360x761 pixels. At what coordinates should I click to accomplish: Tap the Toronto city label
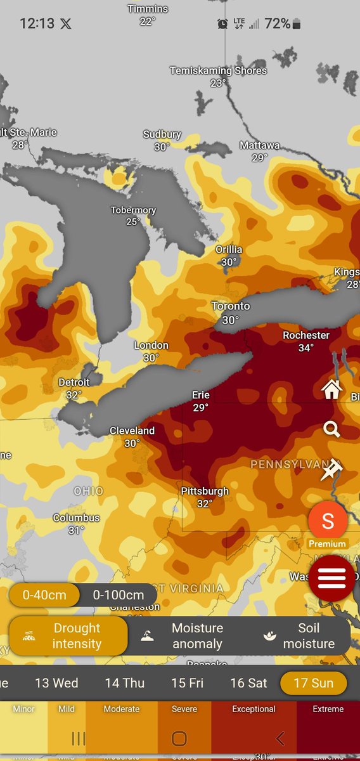[231, 306]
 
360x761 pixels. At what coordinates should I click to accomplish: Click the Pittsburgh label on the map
[205, 491]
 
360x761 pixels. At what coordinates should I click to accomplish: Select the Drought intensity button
[68, 636]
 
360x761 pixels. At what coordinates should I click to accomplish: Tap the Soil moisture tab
[300, 636]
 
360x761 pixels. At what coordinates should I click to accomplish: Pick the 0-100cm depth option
[119, 595]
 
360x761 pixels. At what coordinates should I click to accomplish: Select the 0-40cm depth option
[44, 595]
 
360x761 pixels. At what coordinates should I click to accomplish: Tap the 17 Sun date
[314, 683]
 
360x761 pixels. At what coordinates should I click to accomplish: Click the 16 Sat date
[248, 683]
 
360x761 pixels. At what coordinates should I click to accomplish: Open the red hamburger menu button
[331, 578]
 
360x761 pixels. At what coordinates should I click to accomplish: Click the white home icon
[331, 389]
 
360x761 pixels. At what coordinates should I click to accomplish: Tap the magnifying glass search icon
[331, 430]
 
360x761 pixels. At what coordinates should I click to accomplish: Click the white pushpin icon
[331, 471]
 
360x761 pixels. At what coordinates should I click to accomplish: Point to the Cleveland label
[132, 431]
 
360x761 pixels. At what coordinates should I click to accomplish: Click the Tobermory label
[133, 211]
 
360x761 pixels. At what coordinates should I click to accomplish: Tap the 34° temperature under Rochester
[306, 348]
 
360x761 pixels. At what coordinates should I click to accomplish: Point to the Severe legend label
[184, 709]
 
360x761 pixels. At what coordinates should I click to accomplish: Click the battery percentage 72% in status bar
[278, 24]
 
